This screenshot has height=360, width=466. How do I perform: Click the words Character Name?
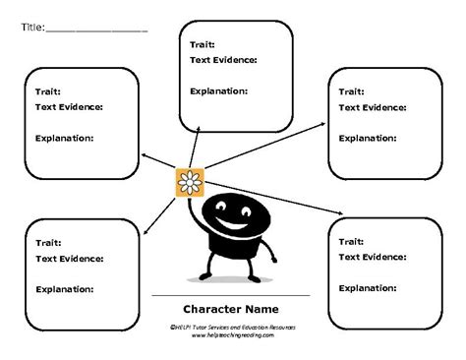pyautogui.click(x=232, y=308)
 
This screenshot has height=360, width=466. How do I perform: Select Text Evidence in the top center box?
pyautogui.click(x=223, y=60)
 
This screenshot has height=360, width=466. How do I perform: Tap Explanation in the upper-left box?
pyautogui.click(x=65, y=138)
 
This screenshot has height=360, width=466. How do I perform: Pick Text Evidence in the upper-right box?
pyautogui.click(x=373, y=107)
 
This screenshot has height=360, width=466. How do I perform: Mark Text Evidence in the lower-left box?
pyautogui.click(x=70, y=259)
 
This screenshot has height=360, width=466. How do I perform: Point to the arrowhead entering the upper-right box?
pyautogui.click(x=323, y=122)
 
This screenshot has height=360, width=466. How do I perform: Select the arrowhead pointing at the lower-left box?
pyautogui.click(x=145, y=232)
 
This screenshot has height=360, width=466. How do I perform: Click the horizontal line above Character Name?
pyautogui.click(x=232, y=295)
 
